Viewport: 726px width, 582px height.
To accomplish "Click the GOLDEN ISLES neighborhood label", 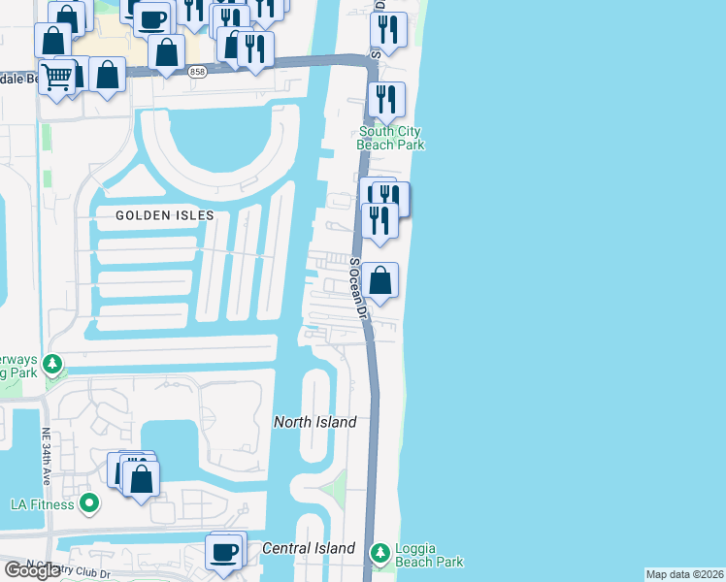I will click(x=164, y=215).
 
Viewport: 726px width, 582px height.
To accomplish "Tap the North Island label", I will click(x=314, y=422).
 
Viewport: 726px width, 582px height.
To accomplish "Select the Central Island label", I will click(x=309, y=548).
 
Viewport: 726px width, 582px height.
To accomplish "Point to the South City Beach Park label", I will click(x=392, y=139).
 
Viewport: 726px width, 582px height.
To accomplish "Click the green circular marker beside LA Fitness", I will click(x=89, y=502).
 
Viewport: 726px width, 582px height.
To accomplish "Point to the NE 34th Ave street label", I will click(x=46, y=457).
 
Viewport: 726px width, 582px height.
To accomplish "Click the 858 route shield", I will click(x=198, y=72).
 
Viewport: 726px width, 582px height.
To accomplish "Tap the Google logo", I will click(x=32, y=570).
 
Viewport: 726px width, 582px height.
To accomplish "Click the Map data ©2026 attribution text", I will click(x=684, y=574).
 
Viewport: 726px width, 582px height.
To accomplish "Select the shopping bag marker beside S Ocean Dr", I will click(x=382, y=281).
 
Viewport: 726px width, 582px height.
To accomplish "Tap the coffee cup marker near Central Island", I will click(x=224, y=551).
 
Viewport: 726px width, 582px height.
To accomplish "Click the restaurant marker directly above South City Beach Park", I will click(x=387, y=100).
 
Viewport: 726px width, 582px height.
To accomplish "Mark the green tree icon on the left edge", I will click(x=52, y=366).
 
